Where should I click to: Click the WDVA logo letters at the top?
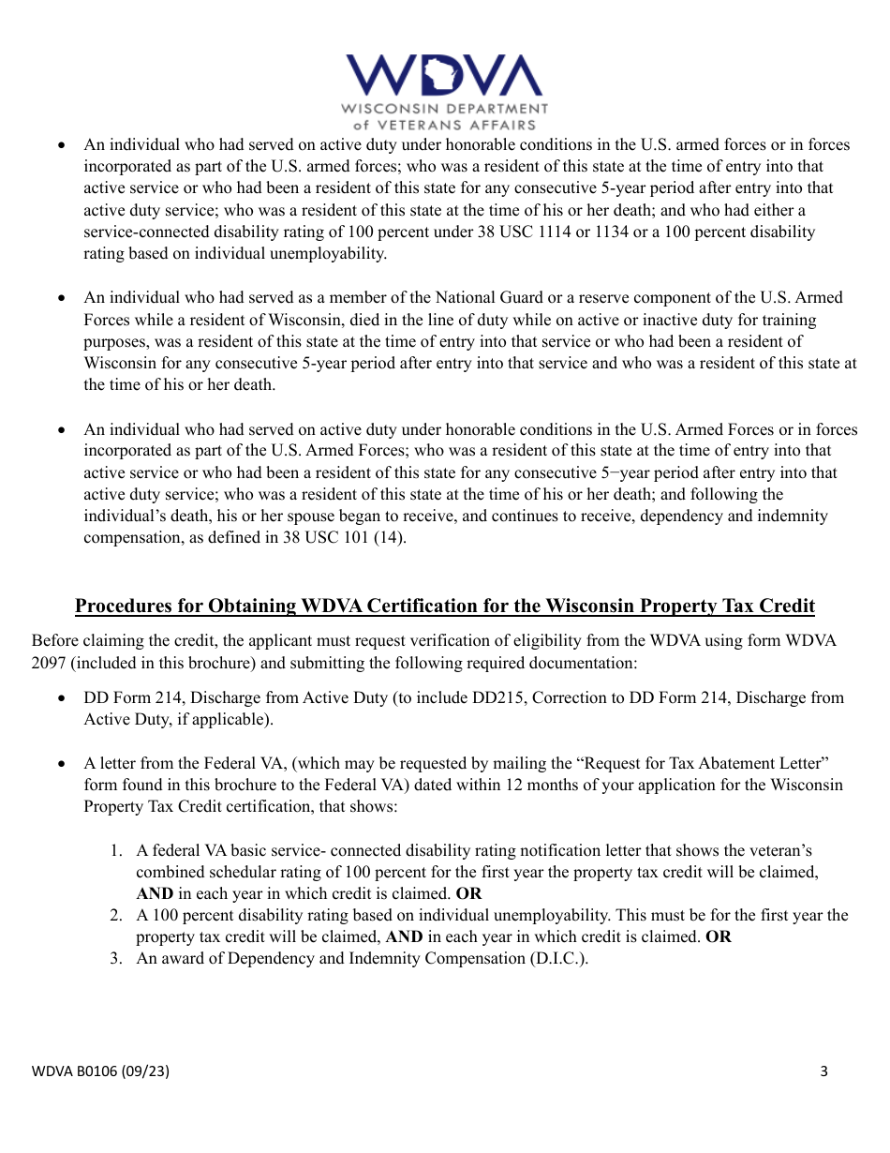point(444,76)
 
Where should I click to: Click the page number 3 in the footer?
point(823,1071)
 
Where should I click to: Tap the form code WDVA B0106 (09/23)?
point(101,1071)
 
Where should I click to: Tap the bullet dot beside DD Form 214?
point(62,698)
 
